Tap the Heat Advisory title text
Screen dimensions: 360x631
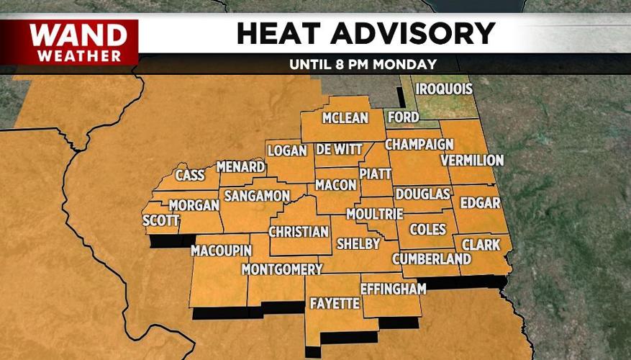click(x=366, y=33)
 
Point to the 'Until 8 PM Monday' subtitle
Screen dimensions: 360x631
click(x=363, y=64)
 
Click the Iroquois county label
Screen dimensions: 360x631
click(x=447, y=89)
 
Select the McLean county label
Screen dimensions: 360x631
click(x=345, y=118)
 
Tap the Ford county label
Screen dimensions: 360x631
click(x=403, y=117)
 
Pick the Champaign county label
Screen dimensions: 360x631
click(x=419, y=144)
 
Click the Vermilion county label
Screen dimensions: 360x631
click(x=472, y=160)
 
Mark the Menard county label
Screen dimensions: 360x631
click(x=241, y=167)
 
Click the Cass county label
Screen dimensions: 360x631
click(x=191, y=175)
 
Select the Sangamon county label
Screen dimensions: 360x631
click(x=256, y=196)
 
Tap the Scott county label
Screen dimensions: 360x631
click(x=160, y=220)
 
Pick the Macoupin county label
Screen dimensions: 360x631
click(x=221, y=251)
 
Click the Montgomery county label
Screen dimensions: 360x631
click(x=282, y=269)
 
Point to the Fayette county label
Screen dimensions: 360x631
click(x=334, y=304)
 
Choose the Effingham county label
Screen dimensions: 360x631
click(x=389, y=289)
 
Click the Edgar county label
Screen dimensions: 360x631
click(x=480, y=202)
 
